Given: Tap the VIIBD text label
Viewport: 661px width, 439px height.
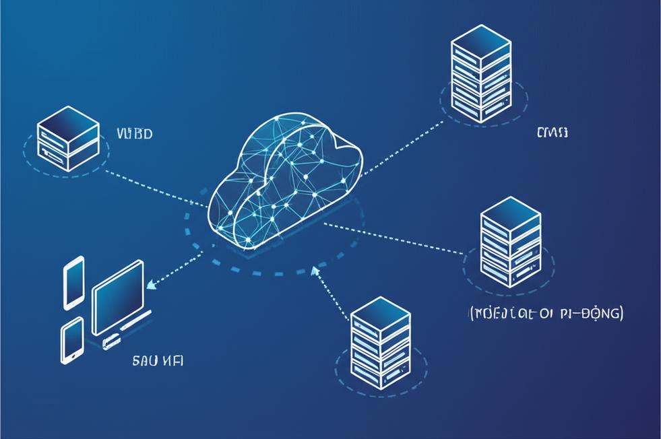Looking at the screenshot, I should click(134, 133).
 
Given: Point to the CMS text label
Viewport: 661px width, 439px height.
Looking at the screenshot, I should click(552, 133).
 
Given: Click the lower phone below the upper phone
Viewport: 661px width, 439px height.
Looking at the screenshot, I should click(72, 340).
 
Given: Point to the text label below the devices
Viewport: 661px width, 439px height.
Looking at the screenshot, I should click(156, 361).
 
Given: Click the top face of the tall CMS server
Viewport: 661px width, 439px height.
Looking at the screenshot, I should click(481, 40).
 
